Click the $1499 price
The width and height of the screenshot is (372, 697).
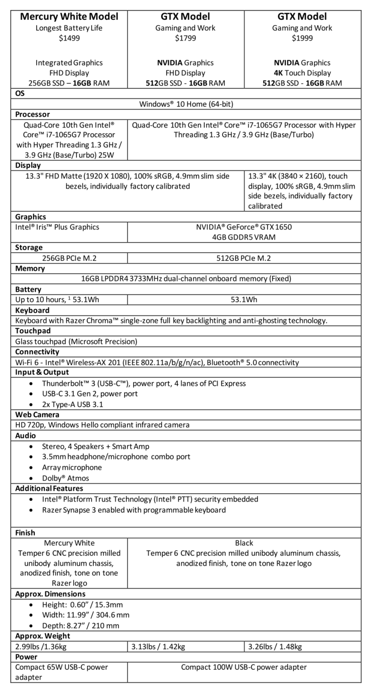69,38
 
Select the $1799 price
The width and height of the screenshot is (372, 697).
186,38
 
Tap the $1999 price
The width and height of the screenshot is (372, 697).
302,38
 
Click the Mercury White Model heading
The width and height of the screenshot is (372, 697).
69,17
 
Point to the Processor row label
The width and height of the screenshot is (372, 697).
32,114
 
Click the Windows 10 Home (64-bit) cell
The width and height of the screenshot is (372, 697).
186,104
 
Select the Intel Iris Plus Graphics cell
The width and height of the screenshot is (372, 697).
57,227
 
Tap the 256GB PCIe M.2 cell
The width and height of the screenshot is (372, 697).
69,258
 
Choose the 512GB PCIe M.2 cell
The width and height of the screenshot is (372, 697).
244,258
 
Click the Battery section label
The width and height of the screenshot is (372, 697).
28,289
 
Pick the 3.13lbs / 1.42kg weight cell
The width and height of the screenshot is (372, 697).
158,647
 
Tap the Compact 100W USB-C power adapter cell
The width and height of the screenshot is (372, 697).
244,667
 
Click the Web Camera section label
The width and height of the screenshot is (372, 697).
37,415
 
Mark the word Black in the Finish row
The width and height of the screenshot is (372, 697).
244,543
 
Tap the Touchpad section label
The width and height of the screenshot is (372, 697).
32,331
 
